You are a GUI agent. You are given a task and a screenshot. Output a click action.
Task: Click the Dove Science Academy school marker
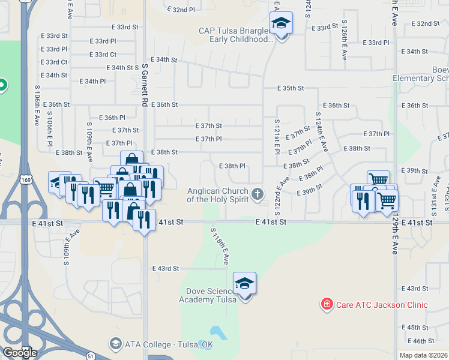[245, 283]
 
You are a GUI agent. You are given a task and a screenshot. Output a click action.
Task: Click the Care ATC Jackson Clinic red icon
[327, 305]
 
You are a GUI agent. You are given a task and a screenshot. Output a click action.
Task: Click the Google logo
[20, 352]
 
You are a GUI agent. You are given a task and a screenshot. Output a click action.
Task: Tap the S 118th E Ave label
[220, 246]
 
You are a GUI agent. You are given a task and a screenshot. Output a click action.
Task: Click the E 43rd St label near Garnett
[166, 268]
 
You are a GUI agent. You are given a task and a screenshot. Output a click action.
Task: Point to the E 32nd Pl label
[184, 10]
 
